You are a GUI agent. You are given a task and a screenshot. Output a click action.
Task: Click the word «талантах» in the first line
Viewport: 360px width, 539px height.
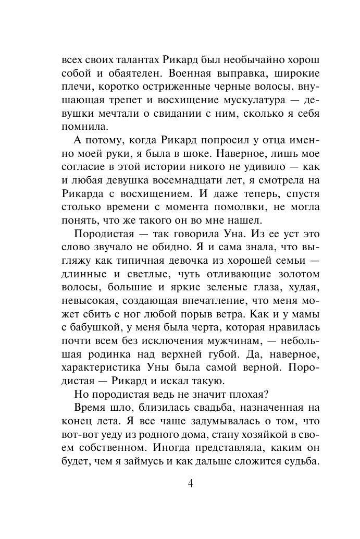click(x=128, y=59)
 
